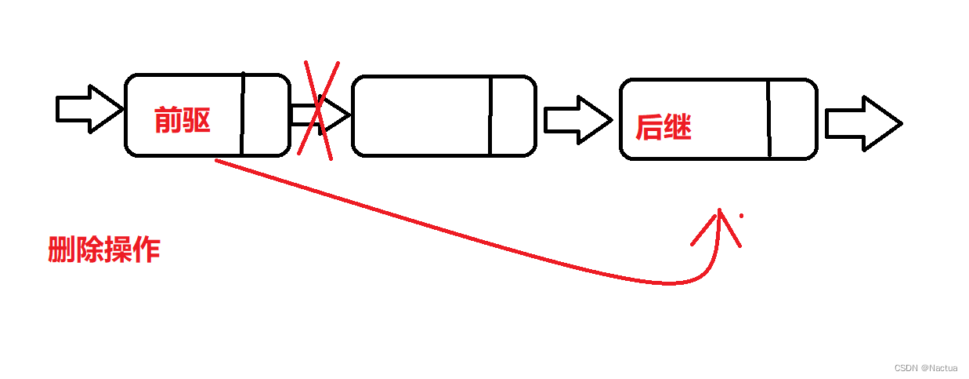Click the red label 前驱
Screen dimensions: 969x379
[x=183, y=120]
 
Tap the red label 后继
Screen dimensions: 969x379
[x=663, y=127]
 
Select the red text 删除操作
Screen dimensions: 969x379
[x=103, y=250]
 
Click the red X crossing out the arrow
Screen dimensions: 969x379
[x=318, y=110]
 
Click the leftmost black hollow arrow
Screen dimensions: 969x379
[x=89, y=109]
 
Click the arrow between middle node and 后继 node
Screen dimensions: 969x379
[x=577, y=120]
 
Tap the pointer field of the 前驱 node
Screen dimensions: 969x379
[x=265, y=115]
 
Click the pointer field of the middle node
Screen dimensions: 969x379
[x=512, y=115]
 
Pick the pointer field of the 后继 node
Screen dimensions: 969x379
[x=792, y=118]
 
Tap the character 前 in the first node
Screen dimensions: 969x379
[x=168, y=120]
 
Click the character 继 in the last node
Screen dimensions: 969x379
[x=678, y=127]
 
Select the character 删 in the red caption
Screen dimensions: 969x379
[x=61, y=250]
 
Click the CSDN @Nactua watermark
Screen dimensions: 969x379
[x=925, y=367]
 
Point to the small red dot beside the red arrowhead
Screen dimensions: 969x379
[x=741, y=215]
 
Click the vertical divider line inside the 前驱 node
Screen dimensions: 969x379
[x=242, y=115]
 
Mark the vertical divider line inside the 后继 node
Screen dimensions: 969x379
[x=768, y=118]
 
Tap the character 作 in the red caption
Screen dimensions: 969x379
[x=146, y=250]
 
